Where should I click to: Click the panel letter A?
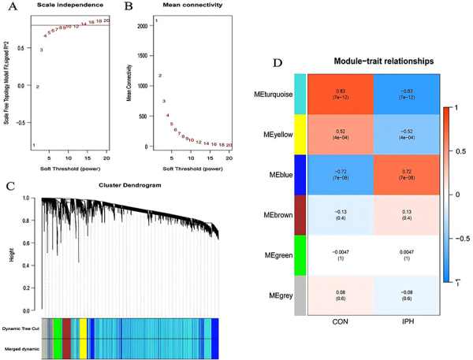(9, 9)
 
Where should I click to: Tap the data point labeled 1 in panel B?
(156, 20)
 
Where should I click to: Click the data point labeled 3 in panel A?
(42, 50)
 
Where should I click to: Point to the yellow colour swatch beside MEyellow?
(300, 135)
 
